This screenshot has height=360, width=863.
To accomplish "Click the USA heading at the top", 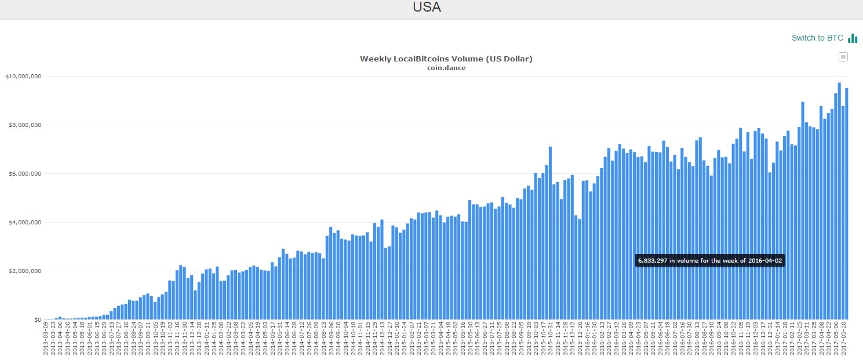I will pyautogui.click(x=427, y=8).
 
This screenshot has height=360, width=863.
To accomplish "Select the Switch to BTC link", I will pyautogui.click(x=817, y=38).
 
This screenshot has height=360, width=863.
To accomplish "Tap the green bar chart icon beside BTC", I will pyautogui.click(x=853, y=38).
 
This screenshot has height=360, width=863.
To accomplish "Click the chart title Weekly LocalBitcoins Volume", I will pyautogui.click(x=446, y=59).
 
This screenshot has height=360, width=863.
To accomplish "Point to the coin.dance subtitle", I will pyautogui.click(x=446, y=68).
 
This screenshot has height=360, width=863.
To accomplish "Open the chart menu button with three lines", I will pyautogui.click(x=843, y=57).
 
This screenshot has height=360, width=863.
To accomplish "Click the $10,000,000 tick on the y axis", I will pyautogui.click(x=23, y=77).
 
